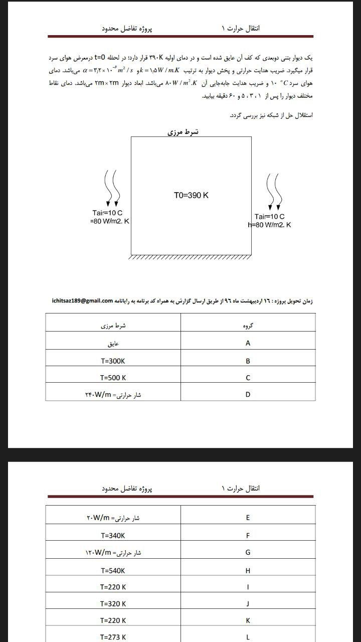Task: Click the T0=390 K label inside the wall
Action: coord(191,196)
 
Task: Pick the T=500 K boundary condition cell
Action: coord(113,378)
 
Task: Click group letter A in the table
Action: coord(248,344)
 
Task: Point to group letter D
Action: coord(248,395)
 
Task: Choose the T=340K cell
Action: coord(113,536)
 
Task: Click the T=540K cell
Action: coord(113,570)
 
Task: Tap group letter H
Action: coord(248,570)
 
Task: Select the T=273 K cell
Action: coord(113,637)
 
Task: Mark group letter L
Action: coord(248,637)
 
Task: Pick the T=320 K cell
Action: coord(113,604)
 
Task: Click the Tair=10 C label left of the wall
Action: coord(107,213)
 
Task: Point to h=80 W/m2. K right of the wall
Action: coord(270,225)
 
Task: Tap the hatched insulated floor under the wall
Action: coord(191,258)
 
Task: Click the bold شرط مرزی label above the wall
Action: coord(183,132)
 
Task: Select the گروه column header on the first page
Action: coord(248,326)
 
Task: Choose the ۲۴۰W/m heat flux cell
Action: coord(113,395)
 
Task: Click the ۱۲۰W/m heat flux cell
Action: coord(113,553)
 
